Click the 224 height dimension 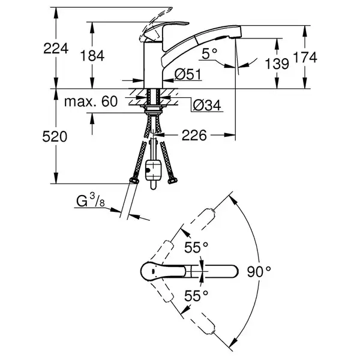point(56,48)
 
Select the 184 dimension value point(92,56)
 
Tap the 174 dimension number point(305,58)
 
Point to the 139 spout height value point(277,64)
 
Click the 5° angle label point(209,54)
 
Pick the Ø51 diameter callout point(188,74)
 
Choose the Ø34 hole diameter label point(207,106)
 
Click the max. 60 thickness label point(91,101)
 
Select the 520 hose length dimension point(55,137)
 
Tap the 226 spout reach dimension point(194,136)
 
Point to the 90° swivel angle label point(259,272)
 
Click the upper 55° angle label point(196,247)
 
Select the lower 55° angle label point(196,295)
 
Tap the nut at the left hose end point(134,181)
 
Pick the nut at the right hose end point(173,181)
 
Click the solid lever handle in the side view point(164,31)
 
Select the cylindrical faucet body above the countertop point(153,65)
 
